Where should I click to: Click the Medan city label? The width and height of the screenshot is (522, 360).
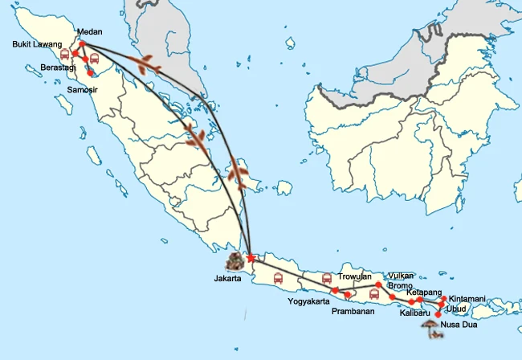(x=89, y=33)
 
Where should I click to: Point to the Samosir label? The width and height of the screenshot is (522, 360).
(x=82, y=89)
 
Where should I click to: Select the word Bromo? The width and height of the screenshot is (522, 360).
(x=400, y=285)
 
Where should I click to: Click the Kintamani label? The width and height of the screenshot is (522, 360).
(x=467, y=299)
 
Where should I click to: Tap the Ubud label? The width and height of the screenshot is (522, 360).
(x=456, y=309)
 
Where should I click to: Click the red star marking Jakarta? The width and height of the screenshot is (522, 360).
(x=251, y=259)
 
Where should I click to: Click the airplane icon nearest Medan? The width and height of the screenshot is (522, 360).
(x=145, y=65)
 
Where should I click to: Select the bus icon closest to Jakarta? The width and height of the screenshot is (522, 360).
(x=278, y=279)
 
